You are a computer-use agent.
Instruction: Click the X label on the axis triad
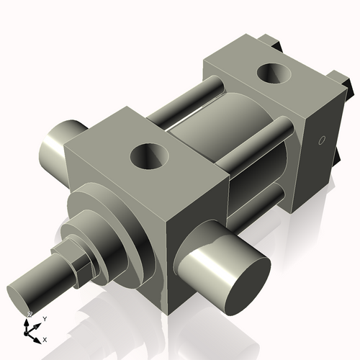pos(45,338)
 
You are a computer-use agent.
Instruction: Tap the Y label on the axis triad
pos(44,318)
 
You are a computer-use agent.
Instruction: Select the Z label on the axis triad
pos(30,315)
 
